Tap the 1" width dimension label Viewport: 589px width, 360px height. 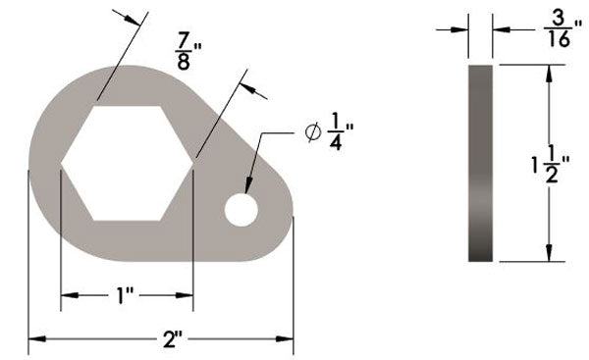[125, 294]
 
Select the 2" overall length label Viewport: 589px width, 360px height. [175, 339]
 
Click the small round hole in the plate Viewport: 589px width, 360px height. [241, 208]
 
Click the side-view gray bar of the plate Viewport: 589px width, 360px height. [481, 163]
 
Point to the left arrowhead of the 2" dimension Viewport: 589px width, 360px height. [33, 339]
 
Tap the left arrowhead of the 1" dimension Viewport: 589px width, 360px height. [67, 294]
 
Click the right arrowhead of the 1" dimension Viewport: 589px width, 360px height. [188, 294]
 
